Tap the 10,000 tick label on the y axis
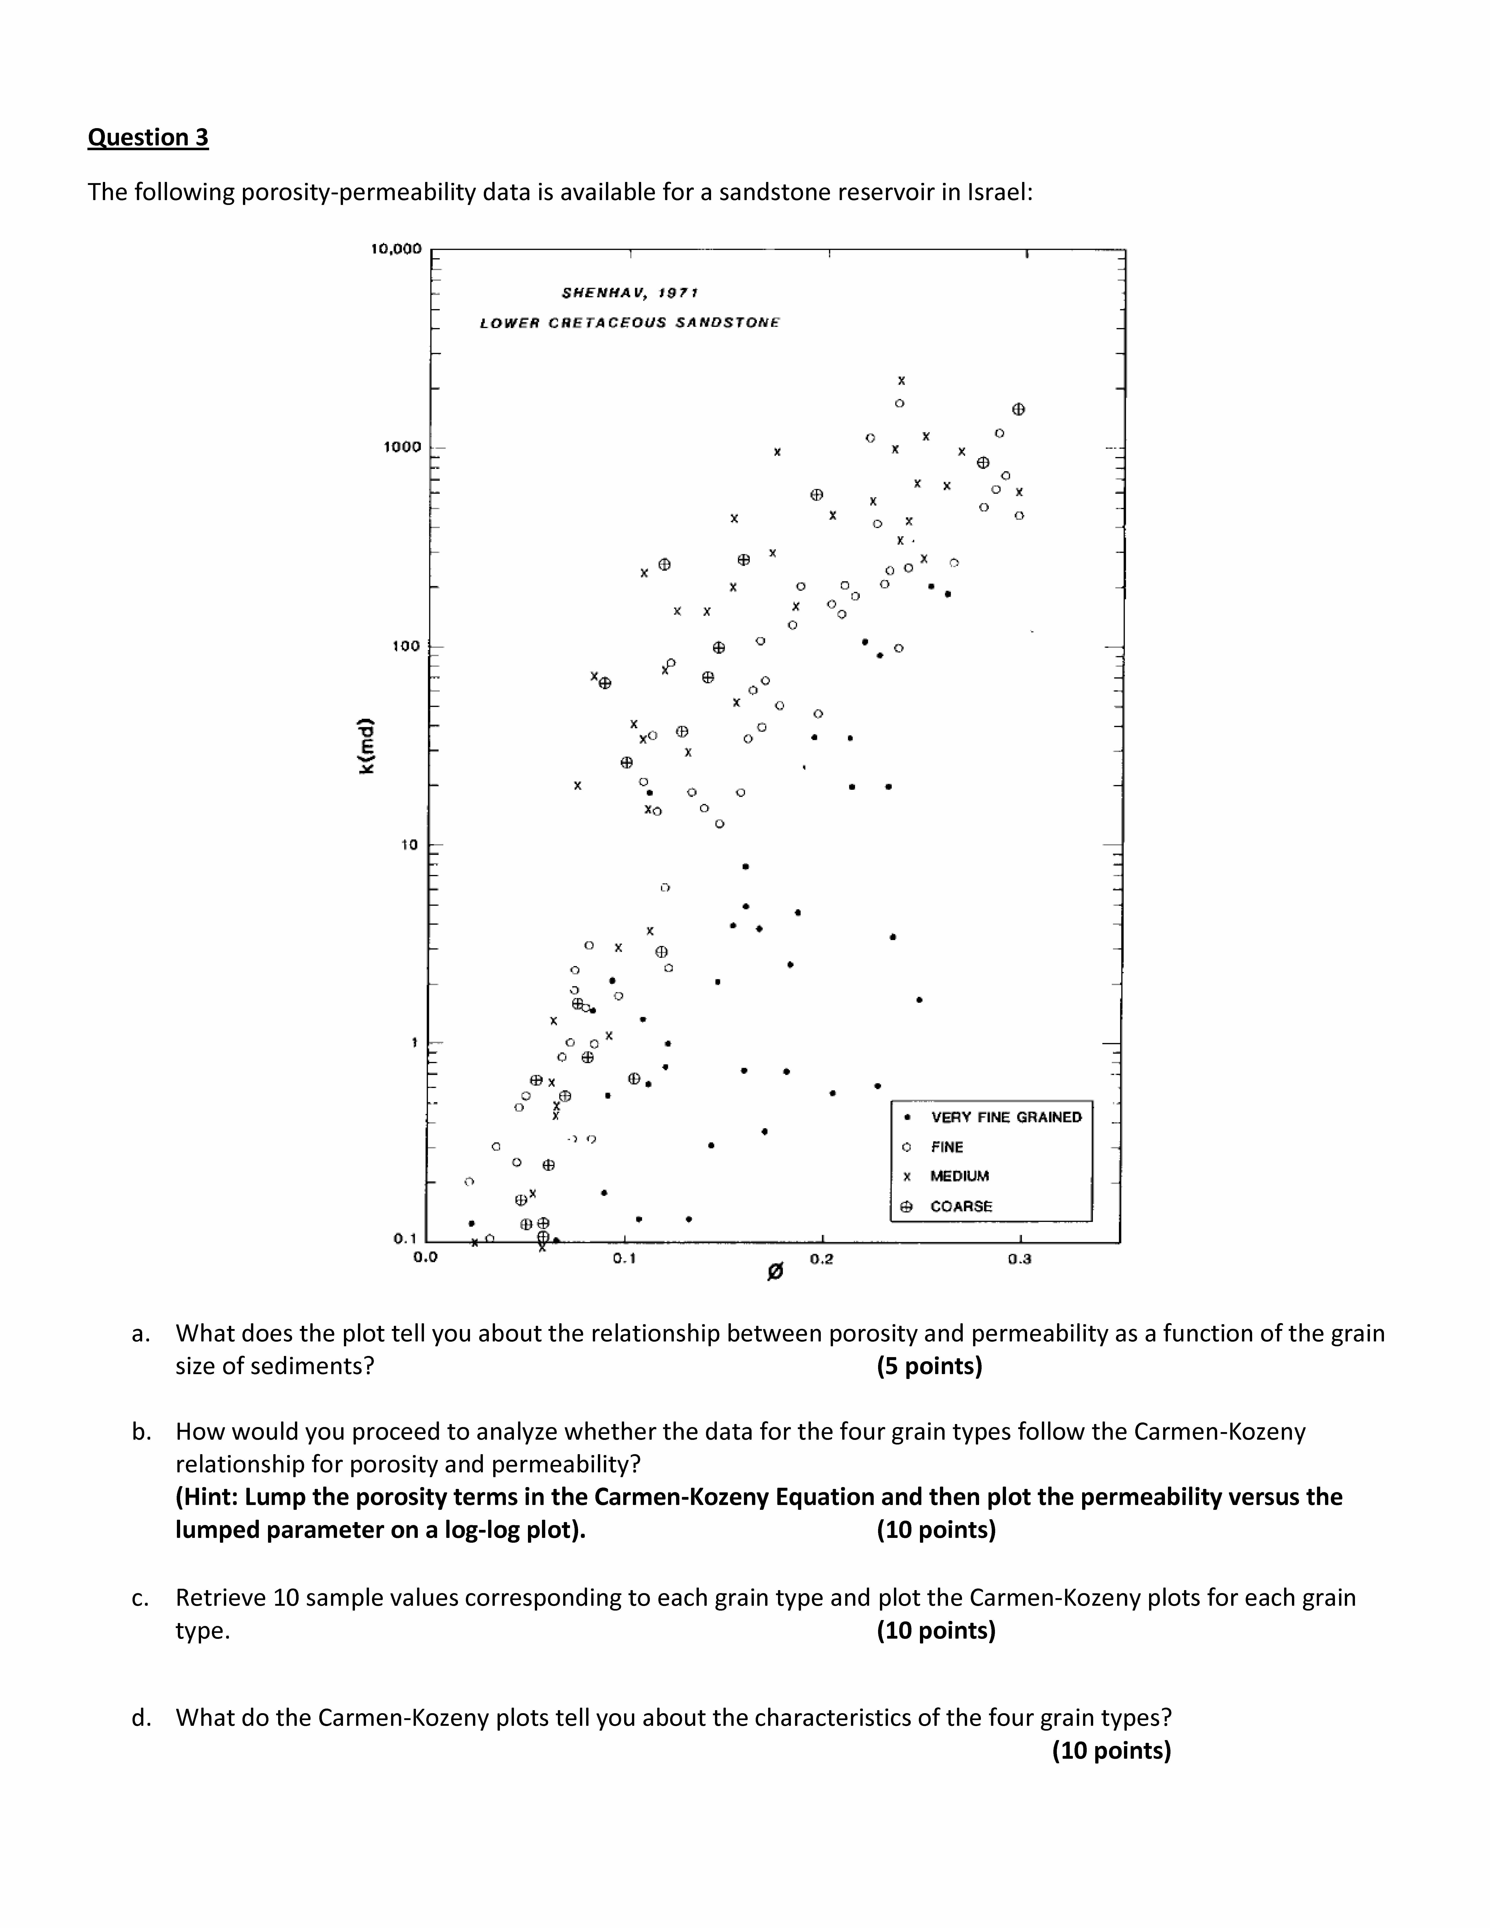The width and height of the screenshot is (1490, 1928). pos(396,249)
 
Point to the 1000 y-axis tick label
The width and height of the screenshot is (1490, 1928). pos(403,447)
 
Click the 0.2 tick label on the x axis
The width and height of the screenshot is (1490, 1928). pos(821,1259)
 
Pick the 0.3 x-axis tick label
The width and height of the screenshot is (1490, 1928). pos(1020,1259)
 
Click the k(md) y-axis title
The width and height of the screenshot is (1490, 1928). pos(367,746)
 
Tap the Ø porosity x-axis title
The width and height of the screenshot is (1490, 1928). pos(775,1272)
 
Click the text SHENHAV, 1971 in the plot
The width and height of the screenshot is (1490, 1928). pos(629,292)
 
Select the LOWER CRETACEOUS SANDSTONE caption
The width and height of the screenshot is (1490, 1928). pos(629,323)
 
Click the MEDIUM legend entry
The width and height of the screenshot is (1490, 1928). pos(960,1176)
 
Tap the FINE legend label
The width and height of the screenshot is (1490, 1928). pos(947,1147)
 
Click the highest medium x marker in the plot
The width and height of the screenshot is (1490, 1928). pos(901,380)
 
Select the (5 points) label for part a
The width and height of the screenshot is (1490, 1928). pos(929,1367)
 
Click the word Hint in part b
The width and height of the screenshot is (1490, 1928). pos(209,1497)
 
